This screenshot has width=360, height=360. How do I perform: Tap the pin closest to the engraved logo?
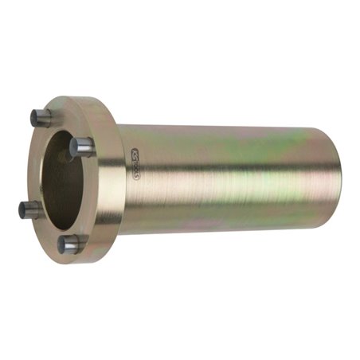coord(82,146)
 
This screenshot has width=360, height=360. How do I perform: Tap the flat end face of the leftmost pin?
coord(23,209)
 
